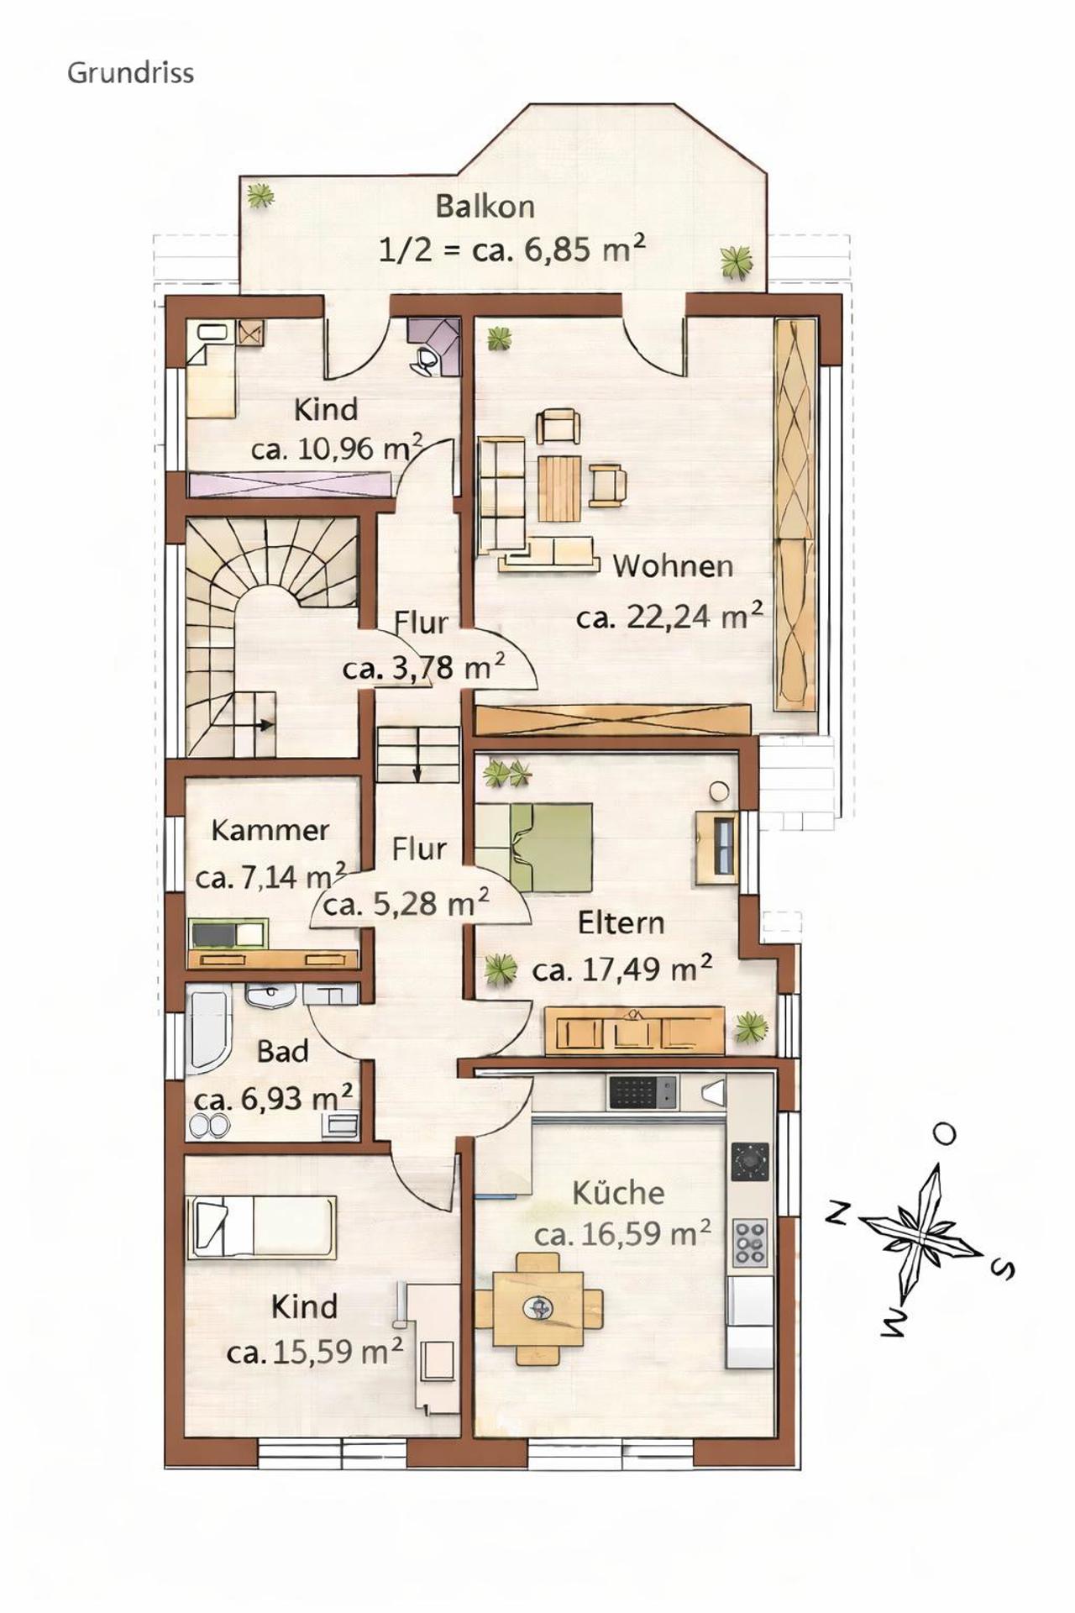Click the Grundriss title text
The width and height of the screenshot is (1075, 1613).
(130, 73)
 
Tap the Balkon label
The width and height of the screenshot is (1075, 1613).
(485, 207)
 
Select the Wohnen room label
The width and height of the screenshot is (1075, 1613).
(673, 565)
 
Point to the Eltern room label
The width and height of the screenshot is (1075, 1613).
(621, 923)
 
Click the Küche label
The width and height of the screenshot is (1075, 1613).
(618, 1192)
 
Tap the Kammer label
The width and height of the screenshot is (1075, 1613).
(270, 830)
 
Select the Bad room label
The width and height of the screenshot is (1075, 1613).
(282, 1051)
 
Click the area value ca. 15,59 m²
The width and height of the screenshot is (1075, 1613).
(315, 1353)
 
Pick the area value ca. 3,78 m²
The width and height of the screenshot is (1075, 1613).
(424, 668)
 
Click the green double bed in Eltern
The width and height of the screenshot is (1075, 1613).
(533, 847)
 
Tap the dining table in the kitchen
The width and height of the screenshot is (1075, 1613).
(538, 1308)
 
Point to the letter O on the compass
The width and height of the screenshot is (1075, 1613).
(946, 1134)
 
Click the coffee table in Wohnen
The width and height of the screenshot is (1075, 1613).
(559, 487)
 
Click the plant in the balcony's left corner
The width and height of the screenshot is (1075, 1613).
(261, 196)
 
